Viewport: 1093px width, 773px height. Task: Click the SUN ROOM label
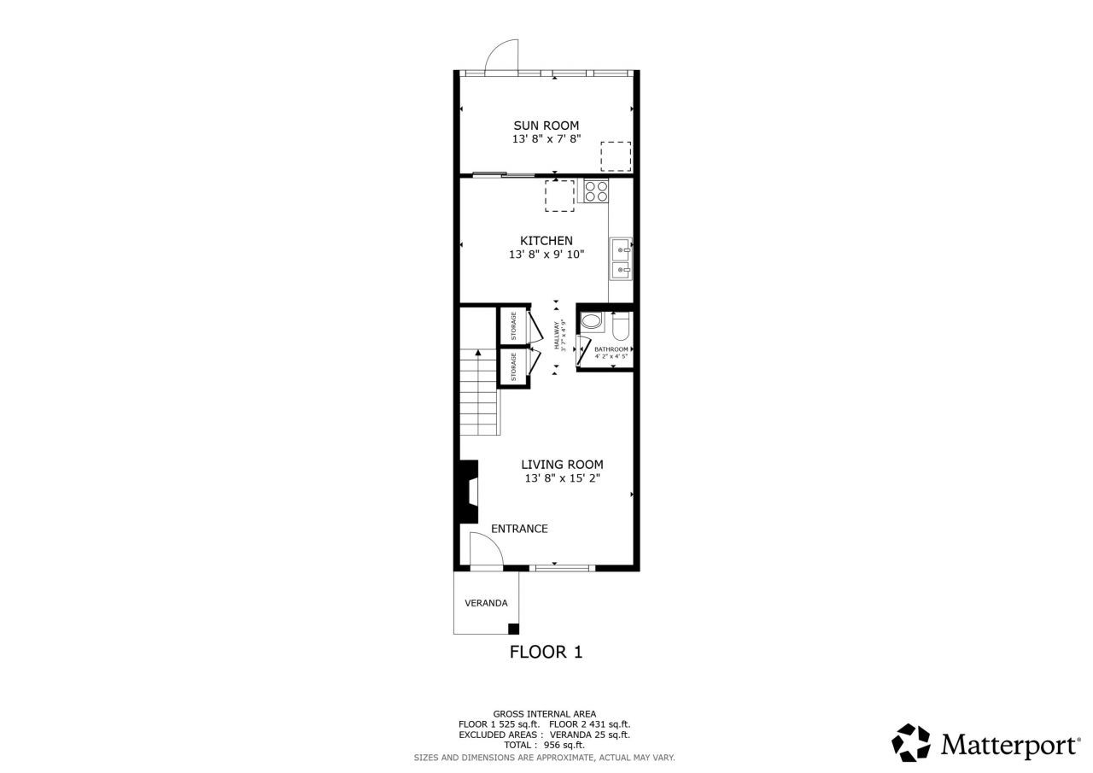coord(546,126)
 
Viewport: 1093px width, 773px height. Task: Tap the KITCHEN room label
coord(546,241)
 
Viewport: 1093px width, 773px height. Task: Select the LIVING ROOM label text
coord(562,465)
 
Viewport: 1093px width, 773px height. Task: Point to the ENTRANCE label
coord(519,529)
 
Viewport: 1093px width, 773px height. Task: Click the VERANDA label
coord(486,603)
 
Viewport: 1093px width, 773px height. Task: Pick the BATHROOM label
coord(611,349)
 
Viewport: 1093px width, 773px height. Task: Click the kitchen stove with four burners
coord(596,190)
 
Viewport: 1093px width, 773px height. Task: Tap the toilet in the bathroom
coord(621,325)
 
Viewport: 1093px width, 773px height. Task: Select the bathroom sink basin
coord(592,322)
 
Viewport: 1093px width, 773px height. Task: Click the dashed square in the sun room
coord(616,156)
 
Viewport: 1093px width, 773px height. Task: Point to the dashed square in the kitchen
coord(559,196)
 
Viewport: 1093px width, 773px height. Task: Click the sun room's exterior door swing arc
coord(500,56)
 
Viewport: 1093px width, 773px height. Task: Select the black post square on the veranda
coord(513,630)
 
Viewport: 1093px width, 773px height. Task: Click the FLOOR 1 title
coord(546,653)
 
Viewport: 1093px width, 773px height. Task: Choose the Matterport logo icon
coord(911,742)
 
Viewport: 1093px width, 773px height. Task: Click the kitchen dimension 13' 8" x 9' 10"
coord(546,255)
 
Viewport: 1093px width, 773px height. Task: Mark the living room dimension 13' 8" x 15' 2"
coord(563,478)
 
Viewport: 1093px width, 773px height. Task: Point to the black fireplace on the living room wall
coord(468,492)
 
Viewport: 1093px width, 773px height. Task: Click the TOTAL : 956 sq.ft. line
coord(544,745)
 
